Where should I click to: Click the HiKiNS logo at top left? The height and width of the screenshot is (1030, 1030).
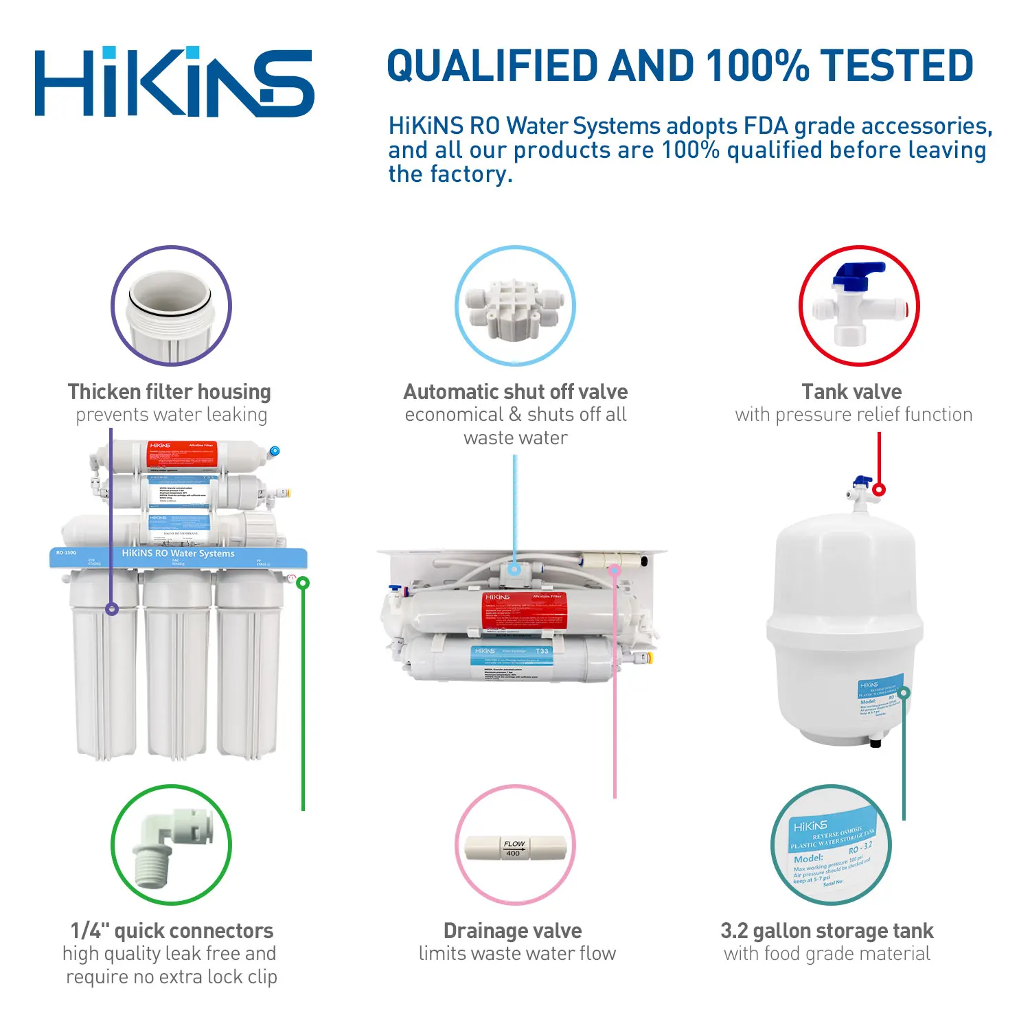[174, 82]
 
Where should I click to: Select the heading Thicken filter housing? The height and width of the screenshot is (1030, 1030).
[170, 391]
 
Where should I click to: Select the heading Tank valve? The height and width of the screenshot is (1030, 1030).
[851, 391]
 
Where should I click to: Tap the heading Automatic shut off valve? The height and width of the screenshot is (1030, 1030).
[515, 391]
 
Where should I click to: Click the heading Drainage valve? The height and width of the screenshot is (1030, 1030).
[513, 930]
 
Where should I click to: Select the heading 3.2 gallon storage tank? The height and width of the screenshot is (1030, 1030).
[827, 930]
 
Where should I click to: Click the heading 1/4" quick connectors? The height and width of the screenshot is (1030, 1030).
[172, 930]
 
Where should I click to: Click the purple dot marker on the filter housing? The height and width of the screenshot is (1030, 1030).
[112, 609]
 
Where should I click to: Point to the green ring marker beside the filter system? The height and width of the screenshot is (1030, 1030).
[303, 583]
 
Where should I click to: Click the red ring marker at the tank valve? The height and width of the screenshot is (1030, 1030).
[879, 490]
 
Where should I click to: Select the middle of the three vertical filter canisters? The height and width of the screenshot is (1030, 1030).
[177, 666]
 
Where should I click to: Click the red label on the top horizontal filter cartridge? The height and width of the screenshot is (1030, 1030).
[182, 455]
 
